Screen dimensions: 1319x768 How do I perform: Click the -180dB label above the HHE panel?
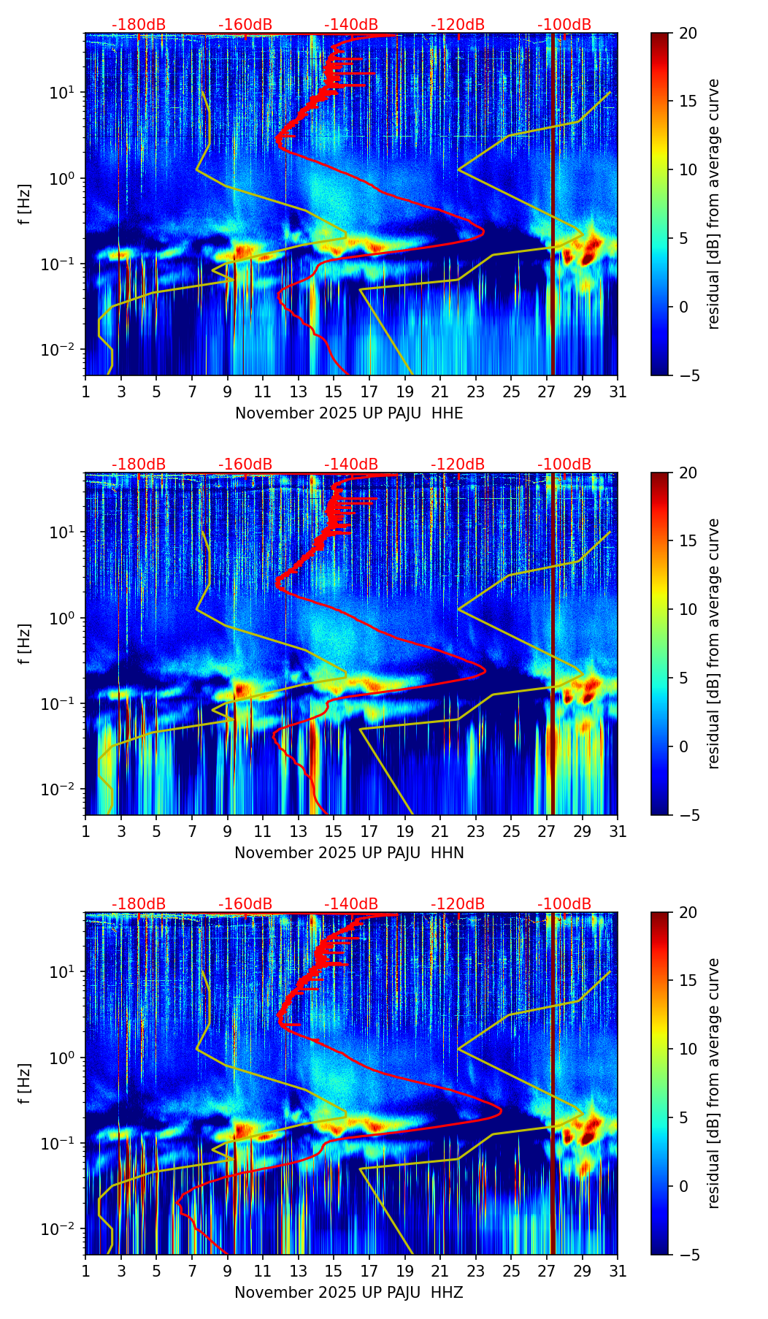[139, 25]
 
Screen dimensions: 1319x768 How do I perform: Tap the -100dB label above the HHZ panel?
[564, 904]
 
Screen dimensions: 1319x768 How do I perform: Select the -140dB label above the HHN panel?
[351, 464]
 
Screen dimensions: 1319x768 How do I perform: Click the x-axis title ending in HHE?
[349, 413]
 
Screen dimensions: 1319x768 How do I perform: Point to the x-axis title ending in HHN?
[349, 853]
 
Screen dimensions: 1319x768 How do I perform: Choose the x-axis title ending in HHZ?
[349, 1293]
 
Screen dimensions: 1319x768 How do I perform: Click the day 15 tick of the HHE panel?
[334, 392]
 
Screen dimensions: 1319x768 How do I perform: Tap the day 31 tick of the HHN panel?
[618, 832]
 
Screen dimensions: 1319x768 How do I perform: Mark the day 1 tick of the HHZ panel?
[85, 1272]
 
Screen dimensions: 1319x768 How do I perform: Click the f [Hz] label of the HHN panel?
[25, 643]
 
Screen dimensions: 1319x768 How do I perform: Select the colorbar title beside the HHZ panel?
[713, 1083]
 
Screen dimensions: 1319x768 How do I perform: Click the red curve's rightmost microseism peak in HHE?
[483, 233]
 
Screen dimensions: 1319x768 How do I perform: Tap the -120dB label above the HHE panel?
[458, 25]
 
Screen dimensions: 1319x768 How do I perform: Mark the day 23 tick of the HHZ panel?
[476, 1272]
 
